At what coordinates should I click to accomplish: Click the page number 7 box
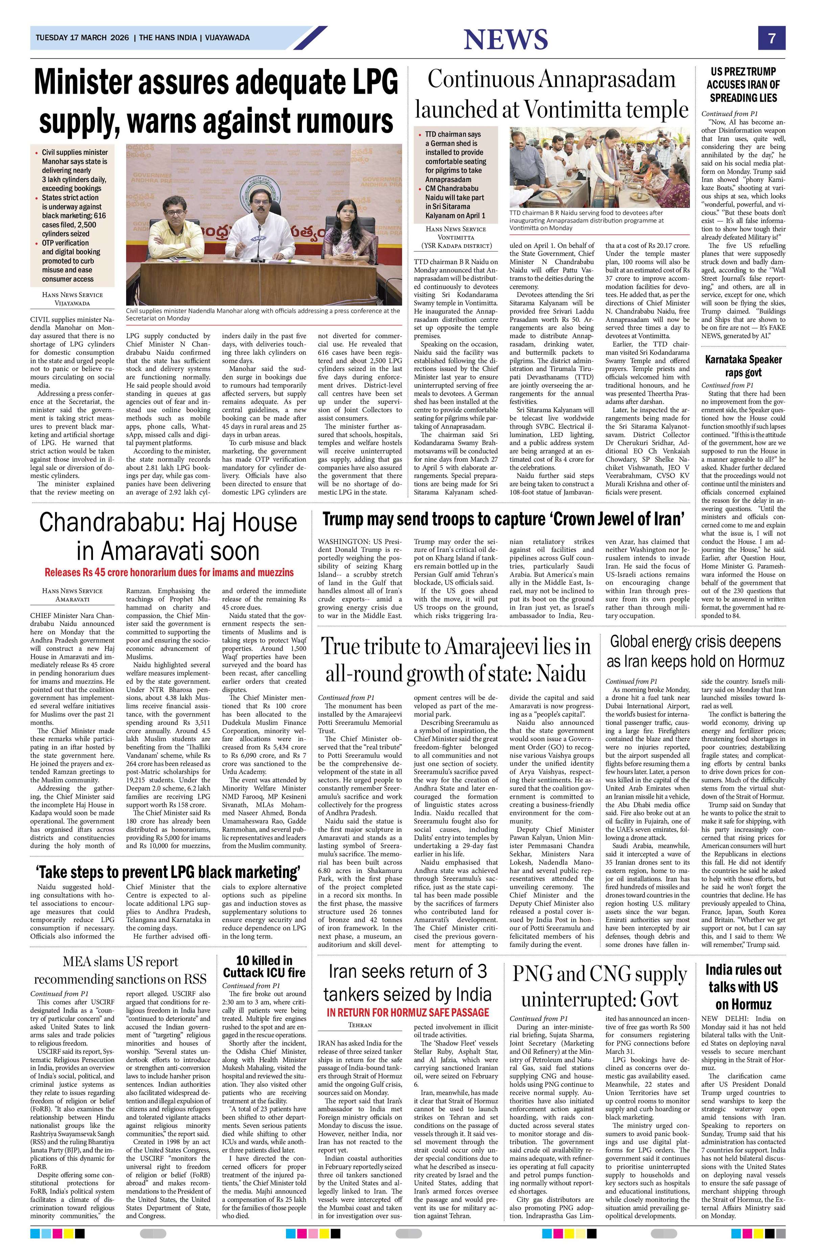772,38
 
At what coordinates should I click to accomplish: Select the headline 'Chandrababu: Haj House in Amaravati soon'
168,536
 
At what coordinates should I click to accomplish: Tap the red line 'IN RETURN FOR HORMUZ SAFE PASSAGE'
408,1012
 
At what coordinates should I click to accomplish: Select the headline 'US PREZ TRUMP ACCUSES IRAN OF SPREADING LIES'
743,84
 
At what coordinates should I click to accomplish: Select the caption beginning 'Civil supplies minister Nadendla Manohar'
263,314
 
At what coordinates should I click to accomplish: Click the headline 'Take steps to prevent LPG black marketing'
168,872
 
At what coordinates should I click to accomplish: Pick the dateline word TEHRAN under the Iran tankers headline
359,1025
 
